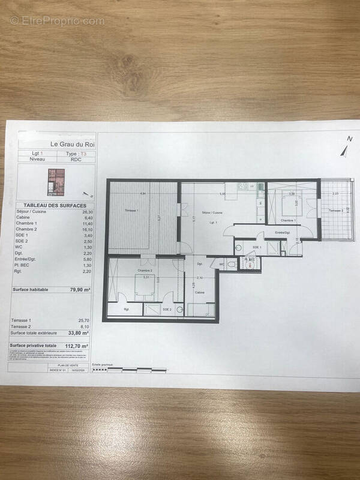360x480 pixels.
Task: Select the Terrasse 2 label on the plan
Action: pyautogui.click(x=335, y=210)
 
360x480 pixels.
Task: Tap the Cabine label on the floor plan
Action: pyautogui.click(x=200, y=292)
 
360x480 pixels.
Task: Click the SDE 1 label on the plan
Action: pyautogui.click(x=257, y=247)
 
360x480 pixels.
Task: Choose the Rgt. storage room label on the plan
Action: pyautogui.click(x=127, y=310)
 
